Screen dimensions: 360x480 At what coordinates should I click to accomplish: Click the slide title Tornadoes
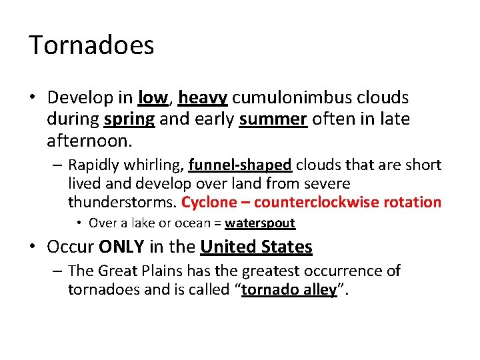tap(91, 45)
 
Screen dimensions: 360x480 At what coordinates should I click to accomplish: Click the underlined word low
tap(153, 98)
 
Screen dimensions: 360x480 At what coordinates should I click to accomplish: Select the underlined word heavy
tap(203, 98)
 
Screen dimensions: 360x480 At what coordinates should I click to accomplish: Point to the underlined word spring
tap(129, 120)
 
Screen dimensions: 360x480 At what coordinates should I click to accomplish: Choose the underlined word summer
tap(273, 120)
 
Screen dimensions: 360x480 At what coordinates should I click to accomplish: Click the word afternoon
tap(88, 141)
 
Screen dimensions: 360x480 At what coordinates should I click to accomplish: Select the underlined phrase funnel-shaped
tap(240, 165)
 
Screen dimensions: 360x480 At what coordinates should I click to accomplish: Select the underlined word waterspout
tap(260, 223)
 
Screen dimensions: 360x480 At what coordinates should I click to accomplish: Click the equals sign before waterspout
tap(217, 223)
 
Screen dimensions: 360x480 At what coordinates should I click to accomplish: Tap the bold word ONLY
tap(121, 247)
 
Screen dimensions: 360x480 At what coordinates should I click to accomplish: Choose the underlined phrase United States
tap(256, 247)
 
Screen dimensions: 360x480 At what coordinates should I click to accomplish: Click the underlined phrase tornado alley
tap(289, 291)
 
